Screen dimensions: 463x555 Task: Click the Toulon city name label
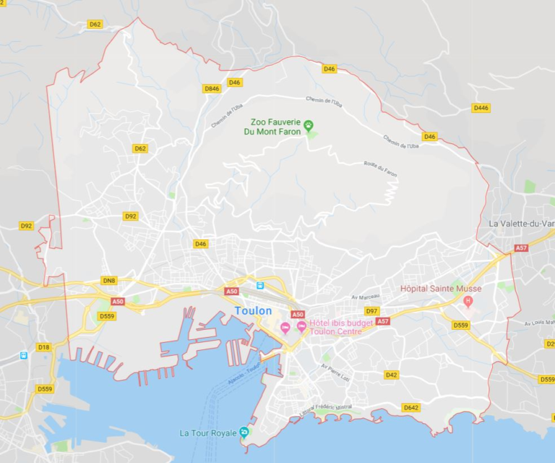[253, 311]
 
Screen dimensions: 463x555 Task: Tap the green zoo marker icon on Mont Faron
[309, 126]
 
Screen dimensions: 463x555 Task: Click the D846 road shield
[212, 89]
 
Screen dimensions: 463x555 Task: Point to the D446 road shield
[481, 108]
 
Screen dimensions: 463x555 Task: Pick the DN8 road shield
[109, 281]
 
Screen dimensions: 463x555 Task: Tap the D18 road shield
[44, 347]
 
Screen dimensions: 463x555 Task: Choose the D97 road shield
[372, 311]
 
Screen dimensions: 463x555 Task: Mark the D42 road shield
[391, 375]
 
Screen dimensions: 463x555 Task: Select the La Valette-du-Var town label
[521, 224]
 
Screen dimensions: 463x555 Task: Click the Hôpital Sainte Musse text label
[441, 289]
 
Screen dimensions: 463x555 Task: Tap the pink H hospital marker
[468, 301]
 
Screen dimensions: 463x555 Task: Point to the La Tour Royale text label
[208, 433]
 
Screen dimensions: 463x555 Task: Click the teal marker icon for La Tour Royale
[244, 433]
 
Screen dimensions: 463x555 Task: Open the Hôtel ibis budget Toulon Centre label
[340, 327]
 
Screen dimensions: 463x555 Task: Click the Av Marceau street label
[366, 296]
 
